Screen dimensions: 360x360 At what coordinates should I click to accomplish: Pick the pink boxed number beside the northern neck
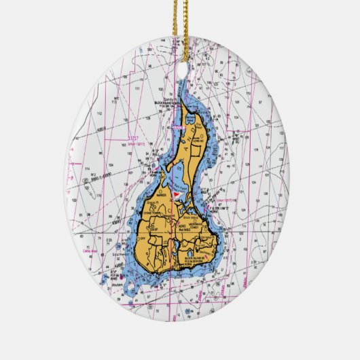click(x=177, y=126)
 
